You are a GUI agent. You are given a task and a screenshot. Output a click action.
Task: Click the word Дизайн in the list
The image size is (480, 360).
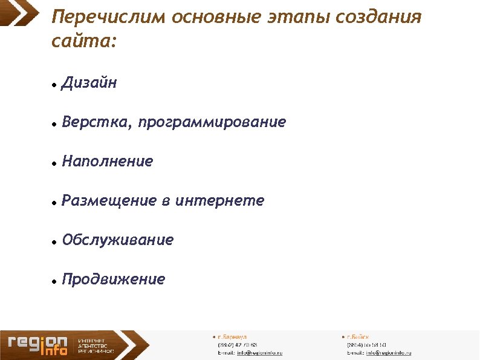pos(89,83)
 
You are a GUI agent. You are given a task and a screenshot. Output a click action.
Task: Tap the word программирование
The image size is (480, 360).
pos(212,123)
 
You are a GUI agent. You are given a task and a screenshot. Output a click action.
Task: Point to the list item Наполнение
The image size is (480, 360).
pos(108,162)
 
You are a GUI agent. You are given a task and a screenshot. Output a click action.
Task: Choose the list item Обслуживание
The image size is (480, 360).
pos(118,240)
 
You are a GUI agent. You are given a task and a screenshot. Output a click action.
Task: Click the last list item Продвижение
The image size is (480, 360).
pos(114,280)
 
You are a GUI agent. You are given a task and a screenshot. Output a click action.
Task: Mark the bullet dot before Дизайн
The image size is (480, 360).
pos(54,85)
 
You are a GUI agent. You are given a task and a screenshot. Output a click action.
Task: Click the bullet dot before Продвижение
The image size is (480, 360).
pos(54,282)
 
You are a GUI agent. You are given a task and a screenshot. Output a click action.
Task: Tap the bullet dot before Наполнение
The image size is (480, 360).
pos(54,164)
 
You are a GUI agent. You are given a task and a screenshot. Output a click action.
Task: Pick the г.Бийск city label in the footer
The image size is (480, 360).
pos(357,336)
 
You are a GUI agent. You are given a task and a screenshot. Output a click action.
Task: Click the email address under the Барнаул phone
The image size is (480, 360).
pos(259,353)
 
